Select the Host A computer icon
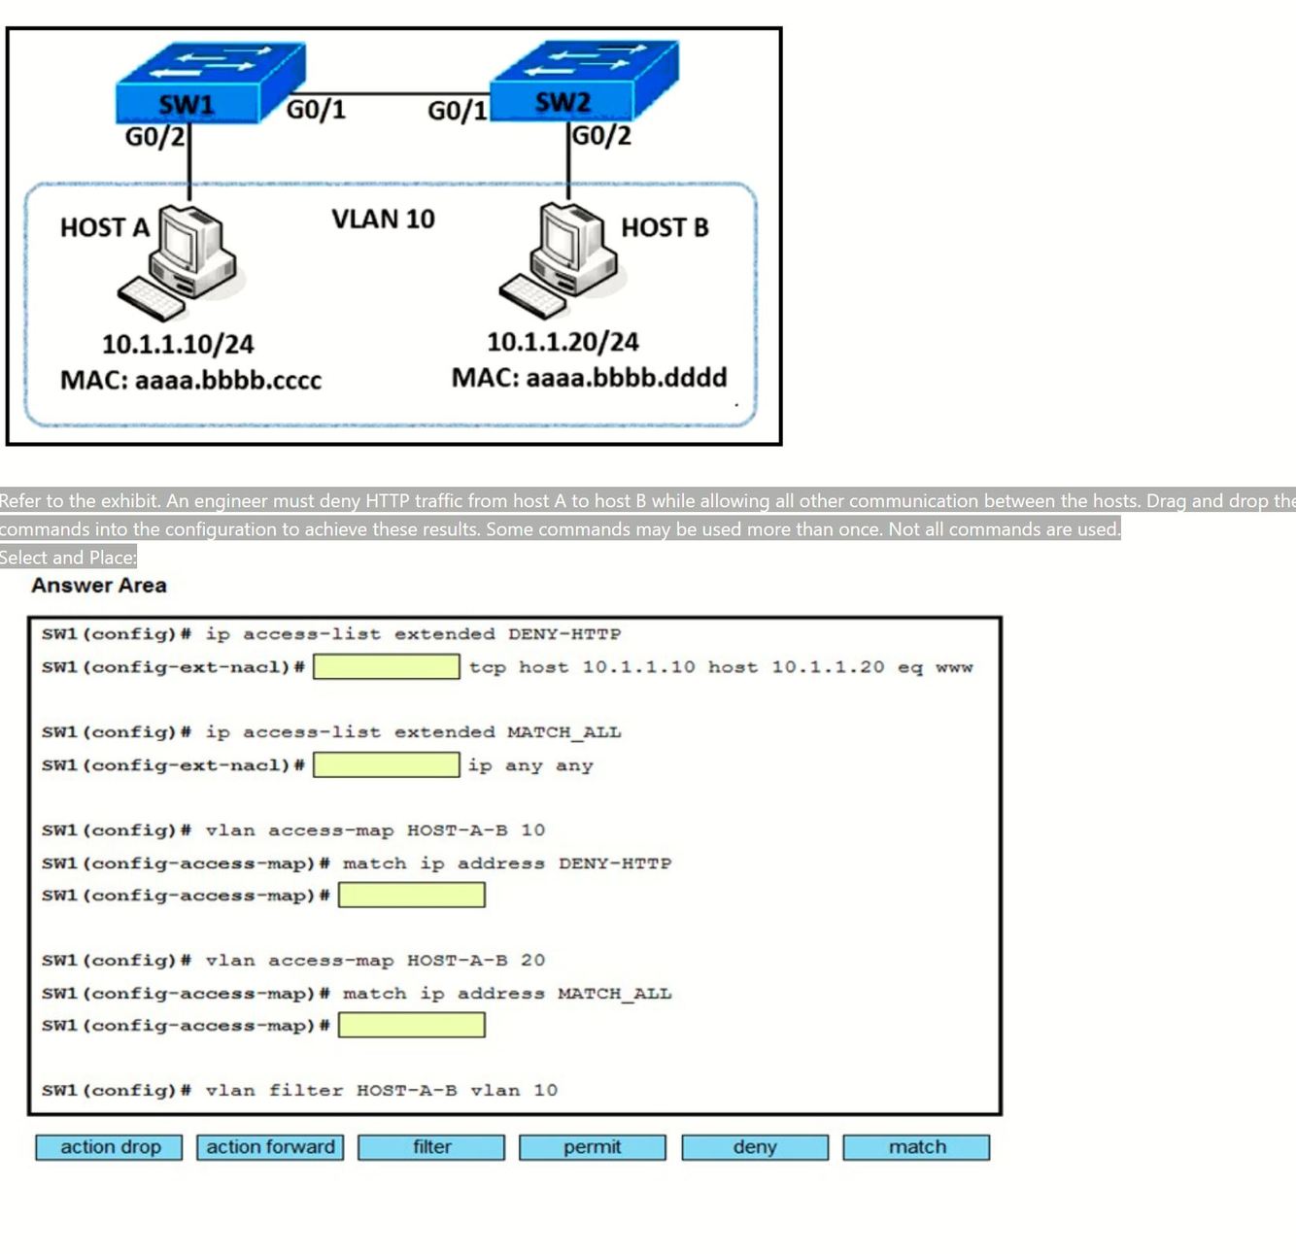(185, 260)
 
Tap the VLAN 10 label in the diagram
(383, 220)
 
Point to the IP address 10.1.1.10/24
(178, 345)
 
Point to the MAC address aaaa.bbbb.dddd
(589, 378)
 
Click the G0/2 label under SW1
(154, 137)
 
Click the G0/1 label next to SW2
(458, 111)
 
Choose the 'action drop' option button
(110, 1147)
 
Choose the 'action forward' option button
(270, 1147)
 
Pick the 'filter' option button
(431, 1147)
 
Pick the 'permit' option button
(592, 1147)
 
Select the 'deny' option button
(755, 1147)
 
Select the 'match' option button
(916, 1147)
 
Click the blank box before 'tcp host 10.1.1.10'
(386, 667)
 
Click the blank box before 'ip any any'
(386, 765)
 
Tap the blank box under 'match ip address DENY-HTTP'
(411, 896)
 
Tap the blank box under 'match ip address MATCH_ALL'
(411, 1026)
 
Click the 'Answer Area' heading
(99, 586)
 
